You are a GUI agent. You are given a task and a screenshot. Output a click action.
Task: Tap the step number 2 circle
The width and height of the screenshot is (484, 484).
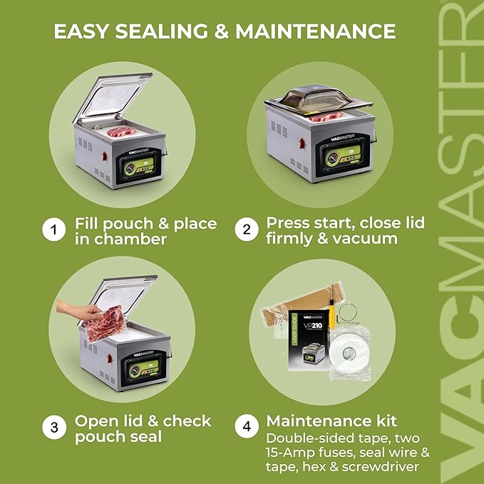[x=247, y=230]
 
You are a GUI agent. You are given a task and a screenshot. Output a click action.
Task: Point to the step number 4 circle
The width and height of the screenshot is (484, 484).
[x=247, y=428]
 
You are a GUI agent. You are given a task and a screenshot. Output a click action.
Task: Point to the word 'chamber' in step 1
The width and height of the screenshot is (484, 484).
[x=132, y=239]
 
